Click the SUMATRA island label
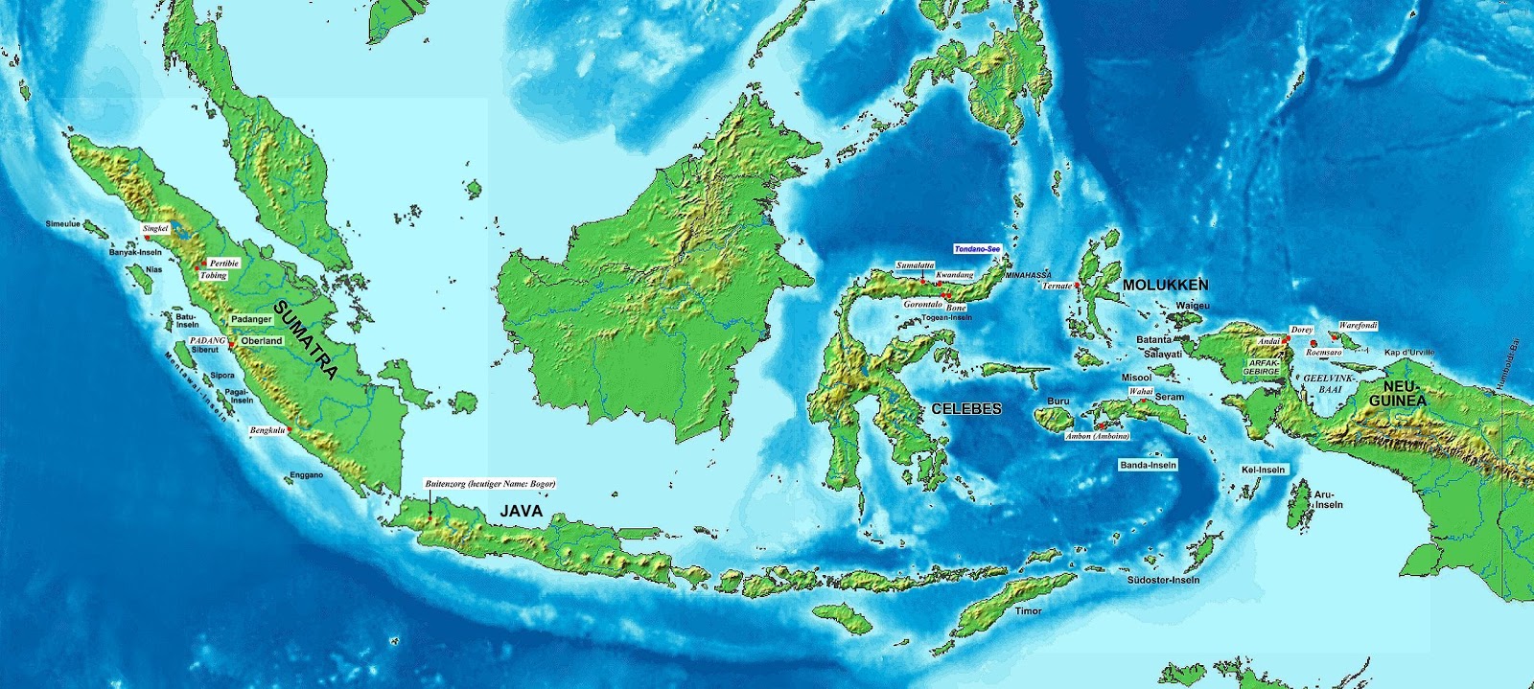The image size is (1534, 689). tap(306, 340)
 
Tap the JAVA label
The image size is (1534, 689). tap(521, 511)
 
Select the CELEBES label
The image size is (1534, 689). tap(965, 408)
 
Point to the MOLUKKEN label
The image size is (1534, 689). tap(1165, 285)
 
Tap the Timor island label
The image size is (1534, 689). tap(1028, 610)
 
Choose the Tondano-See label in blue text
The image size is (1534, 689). tap(977, 248)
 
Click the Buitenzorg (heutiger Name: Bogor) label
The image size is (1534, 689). tap(490, 484)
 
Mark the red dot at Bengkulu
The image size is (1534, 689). tap(289, 430)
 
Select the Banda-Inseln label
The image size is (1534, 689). tap(1148, 465)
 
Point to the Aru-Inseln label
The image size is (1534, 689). tap(1328, 499)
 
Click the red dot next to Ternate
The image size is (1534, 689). tap(1078, 286)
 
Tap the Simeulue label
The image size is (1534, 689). tap(64, 223)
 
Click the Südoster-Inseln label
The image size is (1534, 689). tap(1163, 580)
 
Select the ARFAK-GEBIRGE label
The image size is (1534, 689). tap(1261, 367)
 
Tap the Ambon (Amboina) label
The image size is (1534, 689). tap(1097, 436)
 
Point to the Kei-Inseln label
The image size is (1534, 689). tap(1262, 470)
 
